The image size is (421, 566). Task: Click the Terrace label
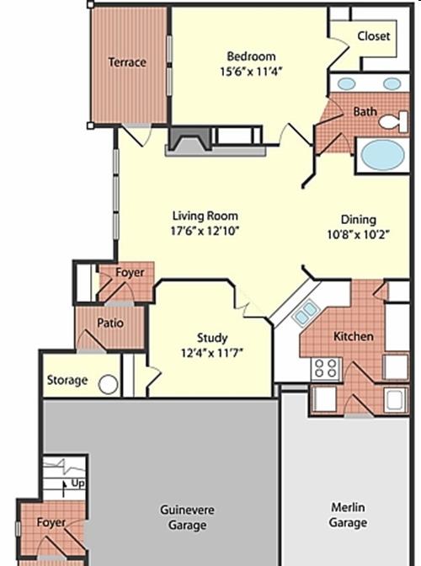coord(127,62)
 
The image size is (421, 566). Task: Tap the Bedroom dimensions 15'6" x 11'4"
coord(251,72)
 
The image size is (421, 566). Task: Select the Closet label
coord(374,36)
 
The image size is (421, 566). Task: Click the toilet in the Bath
coord(394,121)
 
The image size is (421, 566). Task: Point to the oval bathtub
coord(382,154)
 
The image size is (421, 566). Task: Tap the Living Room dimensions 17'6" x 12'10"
coord(205,231)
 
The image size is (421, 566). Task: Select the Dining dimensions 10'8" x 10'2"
coord(358,235)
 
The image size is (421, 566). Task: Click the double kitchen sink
coord(306,312)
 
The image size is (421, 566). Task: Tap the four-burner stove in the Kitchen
coord(326,369)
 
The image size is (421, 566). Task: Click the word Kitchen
coord(353,336)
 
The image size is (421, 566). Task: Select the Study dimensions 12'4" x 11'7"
coord(211,352)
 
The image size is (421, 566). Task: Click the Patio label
coord(110,323)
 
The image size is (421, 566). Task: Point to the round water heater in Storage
coord(109,385)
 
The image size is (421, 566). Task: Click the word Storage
coord(67,380)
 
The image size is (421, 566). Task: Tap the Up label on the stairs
coord(78,483)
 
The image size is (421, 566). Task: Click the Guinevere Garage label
coord(187,518)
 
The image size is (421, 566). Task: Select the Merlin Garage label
coord(348,515)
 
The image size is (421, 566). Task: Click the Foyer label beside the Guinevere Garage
coord(51,522)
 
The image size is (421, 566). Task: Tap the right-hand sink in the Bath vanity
coord(392,83)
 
